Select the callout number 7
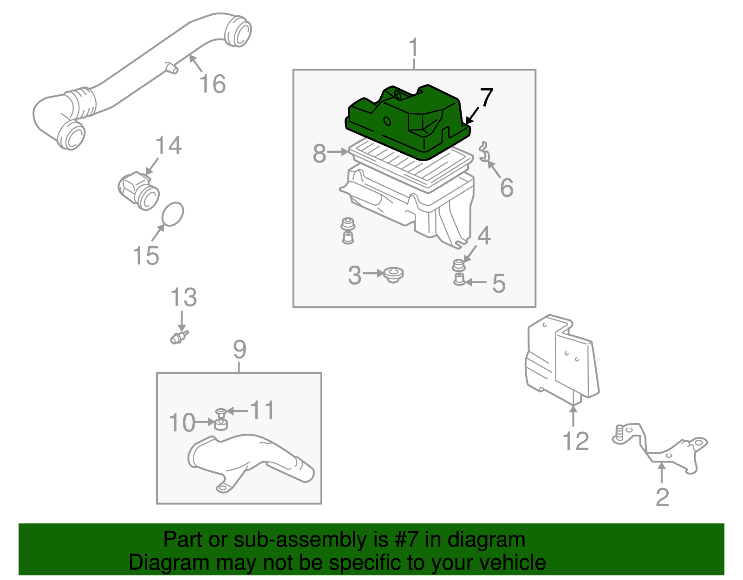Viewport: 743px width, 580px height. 486,98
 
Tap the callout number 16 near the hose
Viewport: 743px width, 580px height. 212,84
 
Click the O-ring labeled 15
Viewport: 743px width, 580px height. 172,214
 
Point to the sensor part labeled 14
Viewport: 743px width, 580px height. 138,190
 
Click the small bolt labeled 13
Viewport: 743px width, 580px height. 178,337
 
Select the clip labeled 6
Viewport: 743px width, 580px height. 483,152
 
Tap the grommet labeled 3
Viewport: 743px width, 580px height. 394,275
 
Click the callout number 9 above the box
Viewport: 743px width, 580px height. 239,349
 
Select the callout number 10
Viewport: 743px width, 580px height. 182,423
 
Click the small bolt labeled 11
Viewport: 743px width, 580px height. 221,412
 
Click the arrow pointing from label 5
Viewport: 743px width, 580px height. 476,282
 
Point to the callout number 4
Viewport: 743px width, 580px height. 484,236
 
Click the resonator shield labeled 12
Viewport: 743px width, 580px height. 562,358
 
